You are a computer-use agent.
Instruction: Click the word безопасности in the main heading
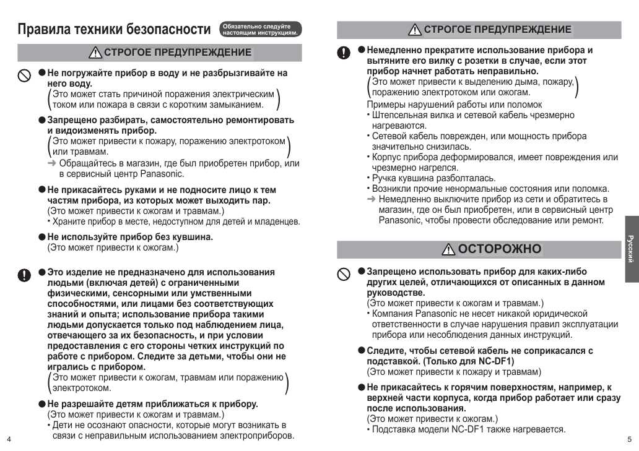tap(168, 30)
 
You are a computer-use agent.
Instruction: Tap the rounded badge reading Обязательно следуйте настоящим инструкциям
tap(260, 29)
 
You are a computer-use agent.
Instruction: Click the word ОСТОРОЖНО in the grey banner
tap(500, 249)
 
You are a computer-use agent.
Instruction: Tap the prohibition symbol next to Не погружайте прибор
tap(24, 75)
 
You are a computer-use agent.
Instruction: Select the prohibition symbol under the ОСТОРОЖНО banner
tap(343, 273)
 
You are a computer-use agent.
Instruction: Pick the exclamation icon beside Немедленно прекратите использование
tap(343, 53)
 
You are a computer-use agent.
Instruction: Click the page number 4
tap(9, 439)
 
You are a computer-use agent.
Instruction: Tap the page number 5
tap(629, 439)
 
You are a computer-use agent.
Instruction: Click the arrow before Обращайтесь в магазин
tap(52, 163)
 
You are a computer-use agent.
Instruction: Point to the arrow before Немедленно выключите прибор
tap(372, 199)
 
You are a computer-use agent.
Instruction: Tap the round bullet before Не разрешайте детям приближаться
tap(42, 404)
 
